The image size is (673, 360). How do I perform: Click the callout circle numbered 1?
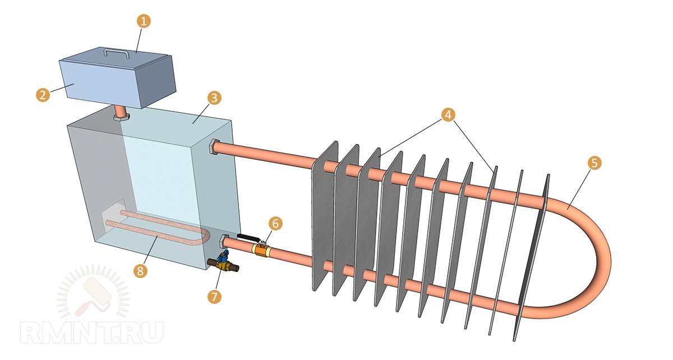(144, 22)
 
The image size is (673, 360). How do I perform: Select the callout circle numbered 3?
(214, 98)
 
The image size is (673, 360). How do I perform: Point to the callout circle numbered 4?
(447, 115)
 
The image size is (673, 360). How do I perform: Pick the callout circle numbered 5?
(594, 163)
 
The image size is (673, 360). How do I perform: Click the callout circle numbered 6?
(275, 223)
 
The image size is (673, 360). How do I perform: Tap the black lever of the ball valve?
(246, 238)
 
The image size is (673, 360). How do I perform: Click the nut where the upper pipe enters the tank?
(213, 147)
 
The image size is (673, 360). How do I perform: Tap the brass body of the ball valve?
(262, 248)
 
